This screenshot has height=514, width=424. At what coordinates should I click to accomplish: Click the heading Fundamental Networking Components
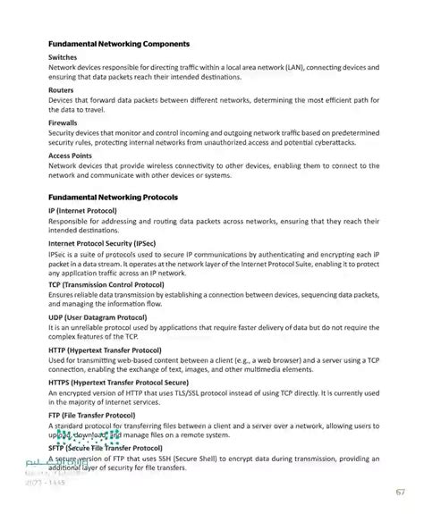click(124, 43)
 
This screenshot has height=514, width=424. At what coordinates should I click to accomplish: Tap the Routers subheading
click(62, 90)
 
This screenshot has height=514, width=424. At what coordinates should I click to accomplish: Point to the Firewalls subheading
click(64, 122)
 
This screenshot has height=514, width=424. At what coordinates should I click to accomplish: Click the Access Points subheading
click(72, 156)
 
